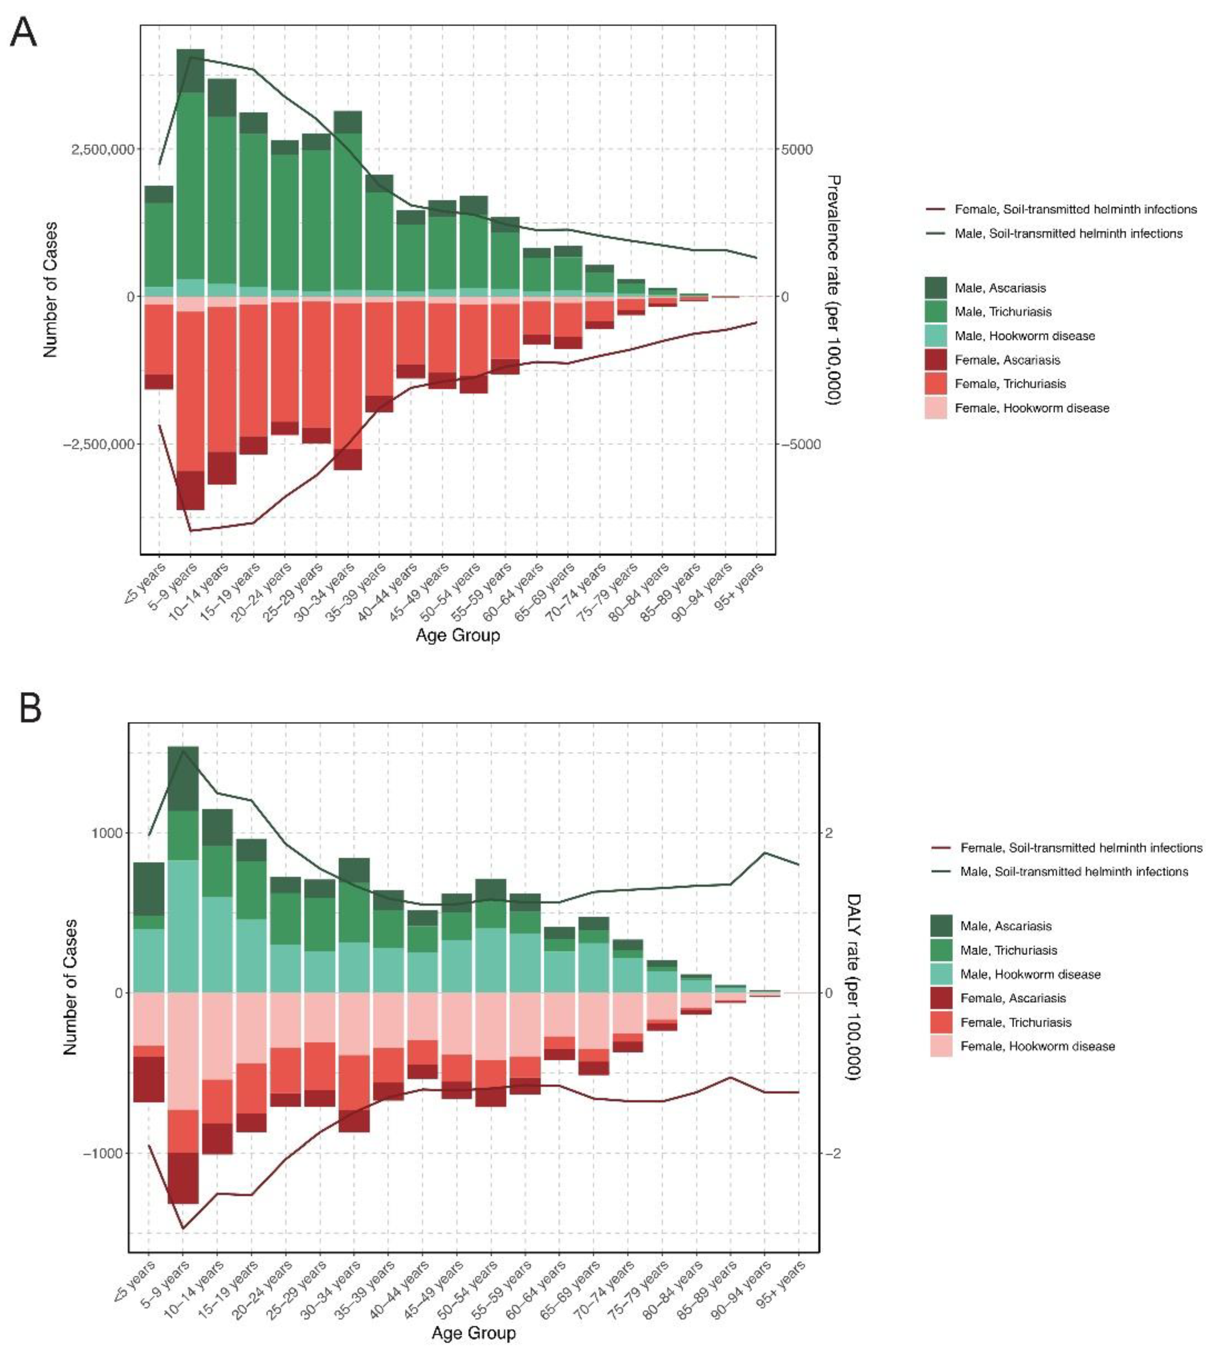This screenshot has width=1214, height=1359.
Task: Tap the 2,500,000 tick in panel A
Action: tap(102, 149)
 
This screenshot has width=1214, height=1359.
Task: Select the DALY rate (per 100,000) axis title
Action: tap(853, 992)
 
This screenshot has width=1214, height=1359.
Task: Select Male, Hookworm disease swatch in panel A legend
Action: tap(936, 335)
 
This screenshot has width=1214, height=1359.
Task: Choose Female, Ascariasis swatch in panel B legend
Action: tap(941, 998)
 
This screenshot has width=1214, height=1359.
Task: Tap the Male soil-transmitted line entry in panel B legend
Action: tap(1074, 871)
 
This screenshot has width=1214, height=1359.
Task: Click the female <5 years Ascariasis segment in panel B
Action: tap(148, 1079)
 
